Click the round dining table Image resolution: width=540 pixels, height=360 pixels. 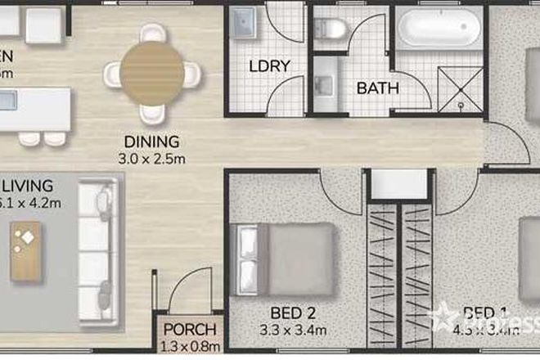coord(152,71)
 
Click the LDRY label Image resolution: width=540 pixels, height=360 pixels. coord(267,65)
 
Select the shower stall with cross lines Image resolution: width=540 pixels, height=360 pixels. coord(462,86)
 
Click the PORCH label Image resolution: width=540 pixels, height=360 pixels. coord(190,331)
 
